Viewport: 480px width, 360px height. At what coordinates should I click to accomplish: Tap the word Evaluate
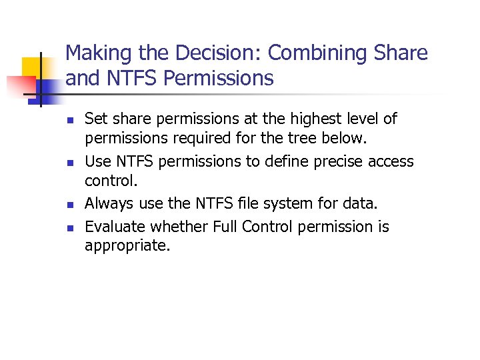click(115, 227)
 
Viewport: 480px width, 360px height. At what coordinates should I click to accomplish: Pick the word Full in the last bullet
click(225, 227)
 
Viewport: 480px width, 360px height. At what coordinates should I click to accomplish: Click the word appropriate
click(127, 246)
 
